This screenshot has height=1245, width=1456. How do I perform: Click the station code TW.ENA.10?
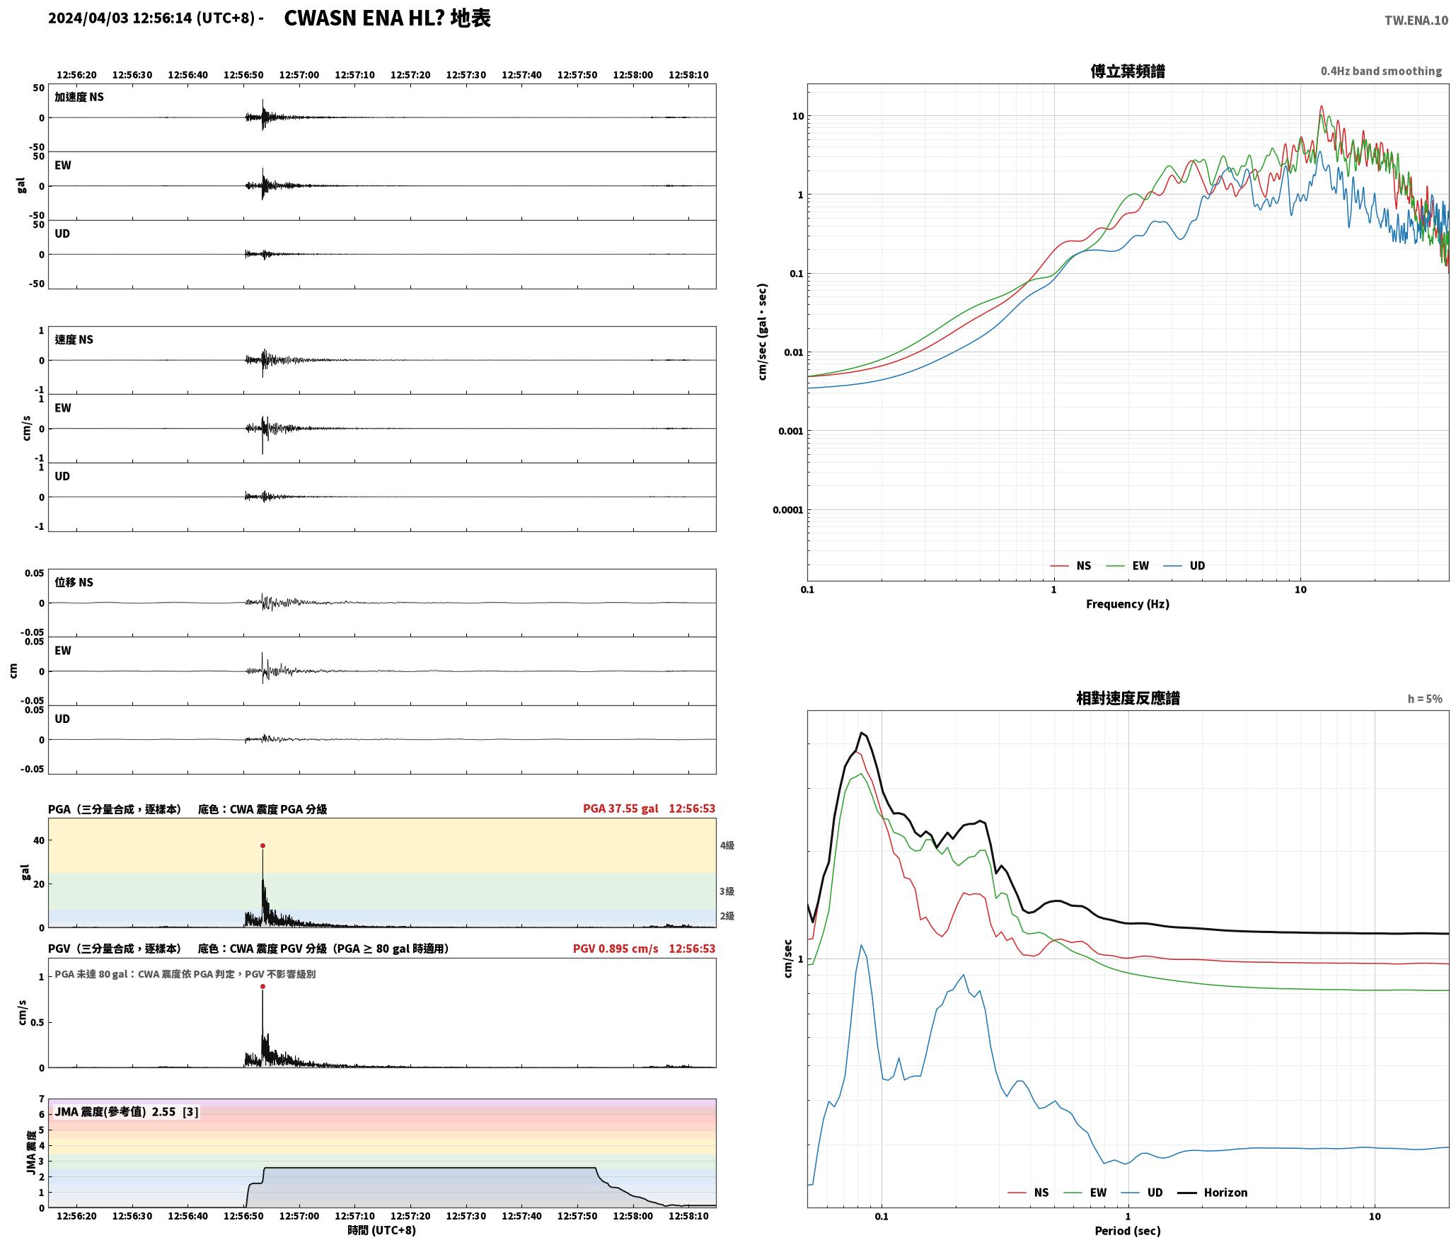(1416, 21)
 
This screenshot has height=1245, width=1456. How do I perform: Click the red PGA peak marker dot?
(262, 845)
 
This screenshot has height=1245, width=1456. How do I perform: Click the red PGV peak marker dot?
(262, 986)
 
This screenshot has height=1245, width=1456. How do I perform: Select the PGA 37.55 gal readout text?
(620, 809)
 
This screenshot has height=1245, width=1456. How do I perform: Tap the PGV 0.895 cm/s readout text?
(616, 949)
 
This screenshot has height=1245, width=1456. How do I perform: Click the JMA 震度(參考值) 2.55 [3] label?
(127, 1111)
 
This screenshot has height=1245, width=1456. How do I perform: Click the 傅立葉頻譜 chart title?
(1128, 71)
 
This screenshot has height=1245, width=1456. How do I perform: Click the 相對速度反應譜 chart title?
(1128, 698)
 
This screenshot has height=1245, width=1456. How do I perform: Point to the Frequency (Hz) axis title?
(1128, 604)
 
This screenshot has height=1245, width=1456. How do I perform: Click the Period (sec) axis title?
(1128, 1231)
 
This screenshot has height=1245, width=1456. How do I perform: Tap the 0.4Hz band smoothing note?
(1381, 71)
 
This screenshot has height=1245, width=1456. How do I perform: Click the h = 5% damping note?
(1425, 699)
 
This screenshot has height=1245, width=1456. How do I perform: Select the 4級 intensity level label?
(727, 845)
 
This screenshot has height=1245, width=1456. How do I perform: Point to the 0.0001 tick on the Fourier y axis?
(788, 510)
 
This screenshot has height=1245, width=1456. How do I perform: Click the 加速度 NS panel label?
(79, 97)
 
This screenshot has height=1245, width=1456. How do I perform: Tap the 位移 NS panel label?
(74, 582)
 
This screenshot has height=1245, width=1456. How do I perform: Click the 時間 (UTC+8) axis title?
(381, 1230)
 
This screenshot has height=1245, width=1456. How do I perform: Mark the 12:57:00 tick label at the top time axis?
(299, 75)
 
